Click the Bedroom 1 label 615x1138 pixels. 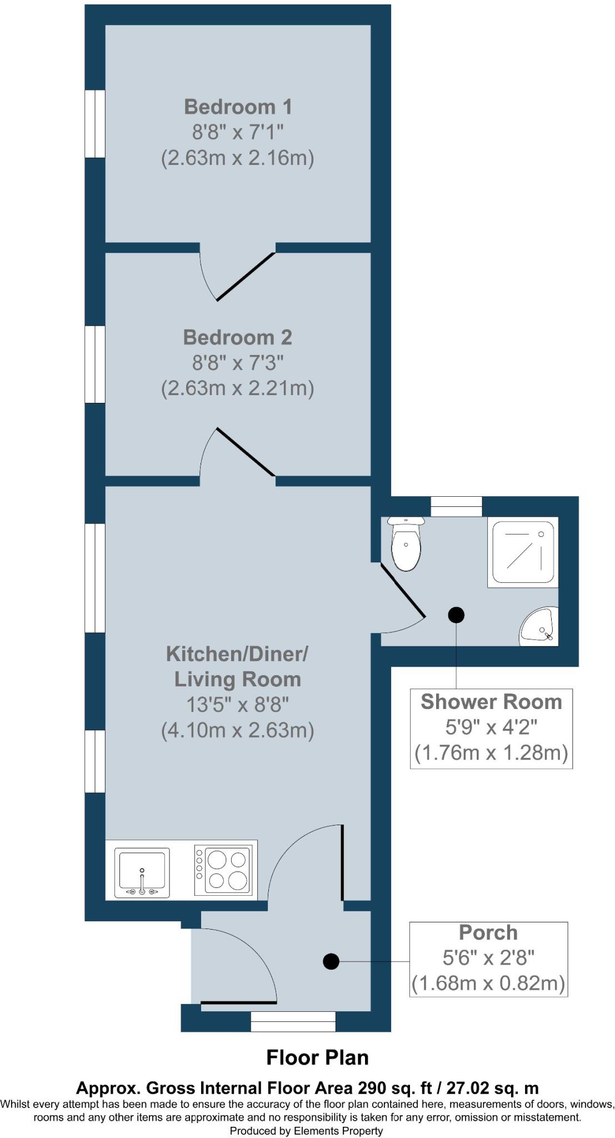238,107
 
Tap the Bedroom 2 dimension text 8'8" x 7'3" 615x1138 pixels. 238,363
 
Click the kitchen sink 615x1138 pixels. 142,872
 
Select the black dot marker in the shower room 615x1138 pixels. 456,615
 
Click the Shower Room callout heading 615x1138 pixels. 491,702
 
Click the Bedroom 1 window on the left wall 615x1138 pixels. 94,124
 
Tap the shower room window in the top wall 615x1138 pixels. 457,507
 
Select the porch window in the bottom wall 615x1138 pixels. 293,1021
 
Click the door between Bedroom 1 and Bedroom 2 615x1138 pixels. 244,277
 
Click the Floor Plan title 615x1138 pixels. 317,1057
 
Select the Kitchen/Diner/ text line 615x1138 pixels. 237,653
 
